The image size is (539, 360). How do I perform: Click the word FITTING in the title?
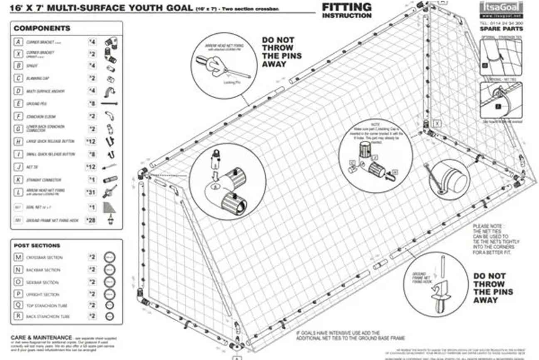pos(346,7)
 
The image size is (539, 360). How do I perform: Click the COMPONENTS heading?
pos(42,29)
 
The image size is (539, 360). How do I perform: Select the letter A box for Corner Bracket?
pos(18,42)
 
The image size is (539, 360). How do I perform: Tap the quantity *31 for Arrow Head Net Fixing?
pos(91,192)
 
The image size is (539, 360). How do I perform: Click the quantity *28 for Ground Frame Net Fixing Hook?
pos(91,220)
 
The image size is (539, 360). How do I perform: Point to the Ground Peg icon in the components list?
pos(109,103)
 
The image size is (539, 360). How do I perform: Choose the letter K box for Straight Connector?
pos(18,180)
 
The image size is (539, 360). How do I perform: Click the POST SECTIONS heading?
pos(37,246)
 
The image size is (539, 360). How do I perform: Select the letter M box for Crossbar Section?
pos(18,257)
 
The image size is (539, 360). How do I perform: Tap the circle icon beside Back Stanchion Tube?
pos(109,316)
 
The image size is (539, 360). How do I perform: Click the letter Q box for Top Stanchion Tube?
pos(18,305)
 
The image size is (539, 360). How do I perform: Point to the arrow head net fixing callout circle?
pos(224,65)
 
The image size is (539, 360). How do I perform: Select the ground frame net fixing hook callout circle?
pos(436,284)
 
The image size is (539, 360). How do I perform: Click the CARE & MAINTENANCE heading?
pos(41,337)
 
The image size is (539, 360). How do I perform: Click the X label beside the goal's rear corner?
pos(437,124)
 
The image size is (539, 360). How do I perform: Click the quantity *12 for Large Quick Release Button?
pos(91,142)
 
